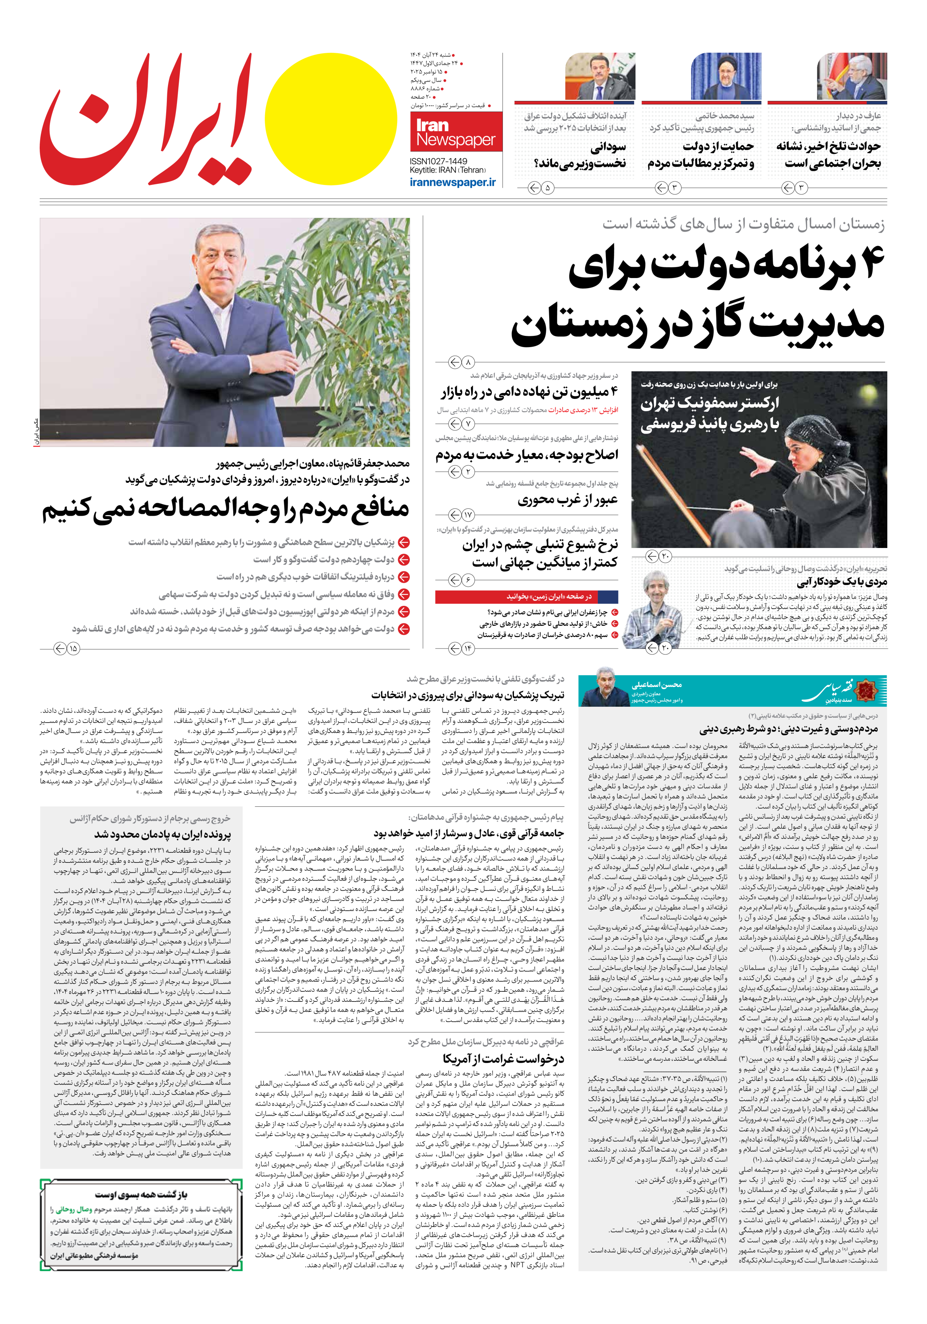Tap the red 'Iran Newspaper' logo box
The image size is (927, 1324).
pyautogui.click(x=456, y=132)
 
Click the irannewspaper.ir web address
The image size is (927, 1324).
pyautogui.click(x=453, y=182)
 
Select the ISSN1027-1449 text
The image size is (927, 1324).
pyautogui.click(x=438, y=161)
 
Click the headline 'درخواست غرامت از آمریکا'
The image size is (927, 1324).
pyautogui.click(x=503, y=1059)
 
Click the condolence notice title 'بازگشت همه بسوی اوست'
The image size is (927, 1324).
pyautogui.click(x=141, y=1194)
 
